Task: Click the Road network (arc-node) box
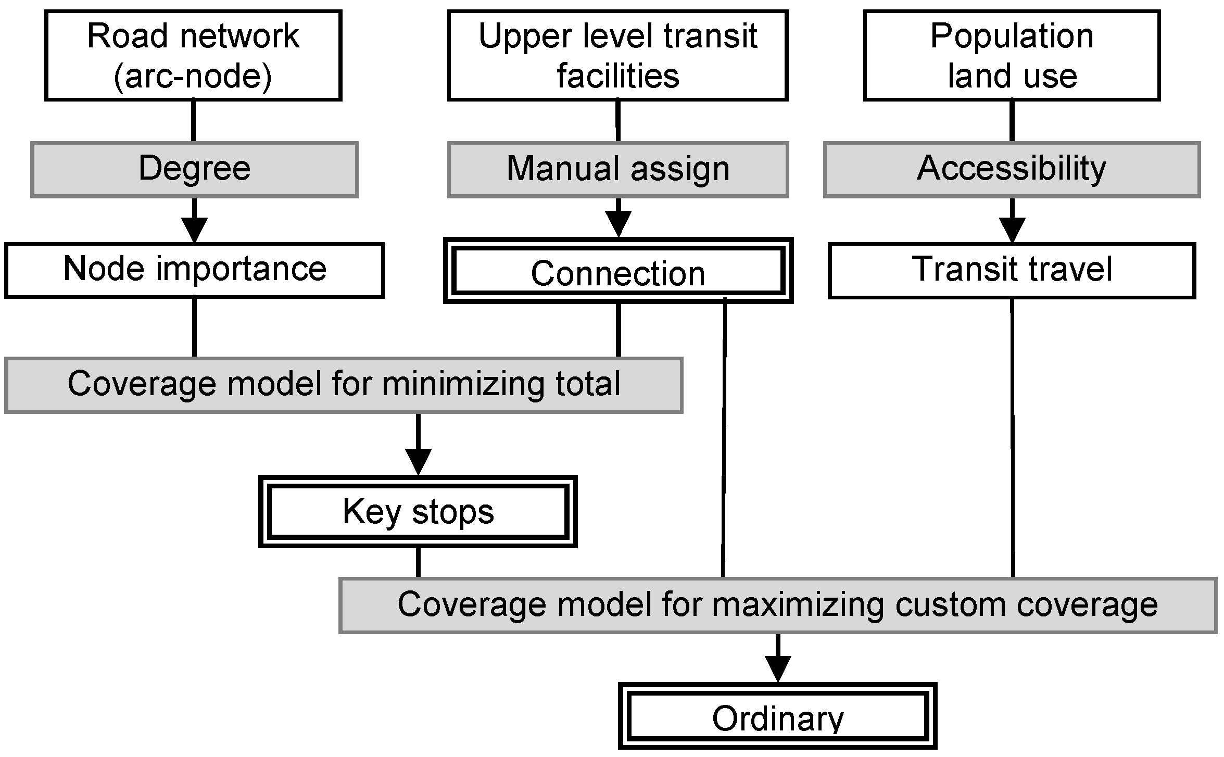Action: tap(193, 55)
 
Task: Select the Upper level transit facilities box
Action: tap(617, 55)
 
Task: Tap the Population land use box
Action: tap(1012, 55)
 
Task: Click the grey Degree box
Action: tap(194, 169)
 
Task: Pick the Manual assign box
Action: tap(617, 170)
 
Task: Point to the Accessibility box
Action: tap(1012, 169)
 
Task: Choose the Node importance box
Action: tap(194, 270)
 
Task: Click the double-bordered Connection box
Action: tap(617, 271)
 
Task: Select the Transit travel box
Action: tap(1012, 270)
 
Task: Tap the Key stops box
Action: tap(418, 511)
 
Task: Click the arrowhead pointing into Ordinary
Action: tap(778, 668)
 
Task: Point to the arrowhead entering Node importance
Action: tap(194, 230)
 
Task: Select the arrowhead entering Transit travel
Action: tap(1012, 230)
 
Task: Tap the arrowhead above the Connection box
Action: tap(618, 224)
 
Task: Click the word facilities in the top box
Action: tap(617, 76)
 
